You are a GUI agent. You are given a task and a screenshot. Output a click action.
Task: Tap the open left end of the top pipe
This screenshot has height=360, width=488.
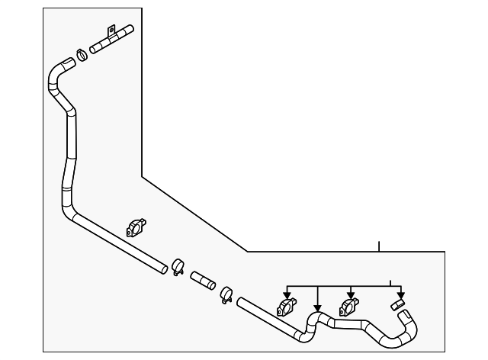coord(93,50)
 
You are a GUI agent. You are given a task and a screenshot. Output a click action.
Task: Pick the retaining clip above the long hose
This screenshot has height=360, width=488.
coord(136,228)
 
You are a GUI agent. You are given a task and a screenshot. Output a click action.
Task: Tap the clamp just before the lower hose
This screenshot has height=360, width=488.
coord(226,294)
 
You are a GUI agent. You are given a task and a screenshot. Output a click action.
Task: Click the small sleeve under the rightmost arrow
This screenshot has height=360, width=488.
coord(397,305)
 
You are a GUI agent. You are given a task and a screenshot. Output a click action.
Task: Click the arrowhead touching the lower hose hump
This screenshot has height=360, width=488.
coord(317,309)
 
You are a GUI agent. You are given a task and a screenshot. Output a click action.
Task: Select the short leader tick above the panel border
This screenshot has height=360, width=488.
coord(379,246)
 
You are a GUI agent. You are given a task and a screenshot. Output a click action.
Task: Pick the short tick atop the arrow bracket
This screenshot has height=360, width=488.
coord(390,282)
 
